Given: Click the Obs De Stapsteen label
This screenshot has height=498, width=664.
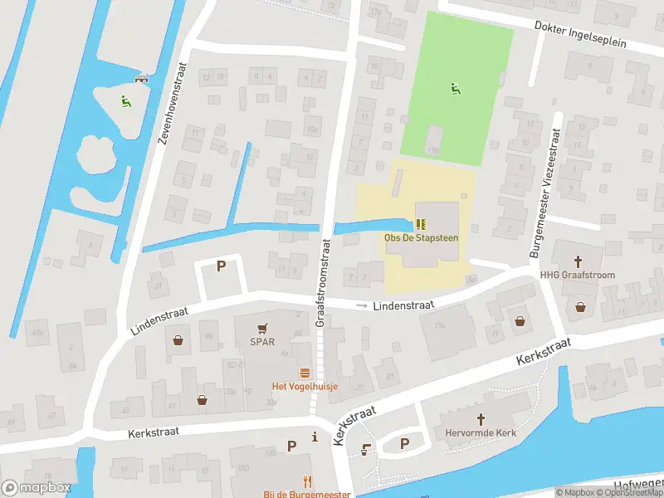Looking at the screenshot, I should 422,238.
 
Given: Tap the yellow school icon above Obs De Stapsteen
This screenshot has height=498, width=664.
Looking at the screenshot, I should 422,224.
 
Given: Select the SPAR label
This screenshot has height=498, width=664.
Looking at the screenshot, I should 263,342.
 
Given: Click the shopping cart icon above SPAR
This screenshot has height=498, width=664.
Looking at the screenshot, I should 263,329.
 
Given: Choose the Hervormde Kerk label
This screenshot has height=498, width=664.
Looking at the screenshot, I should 480,433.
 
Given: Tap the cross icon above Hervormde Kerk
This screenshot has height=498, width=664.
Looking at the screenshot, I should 480,419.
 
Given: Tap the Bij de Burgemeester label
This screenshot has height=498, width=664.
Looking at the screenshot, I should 307,493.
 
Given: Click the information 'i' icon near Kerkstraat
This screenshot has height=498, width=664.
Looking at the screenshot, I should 315,437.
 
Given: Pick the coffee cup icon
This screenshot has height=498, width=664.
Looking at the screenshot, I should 367,448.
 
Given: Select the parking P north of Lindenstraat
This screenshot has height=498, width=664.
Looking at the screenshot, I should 221,266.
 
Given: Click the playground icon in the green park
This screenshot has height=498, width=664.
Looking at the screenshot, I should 454,89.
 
